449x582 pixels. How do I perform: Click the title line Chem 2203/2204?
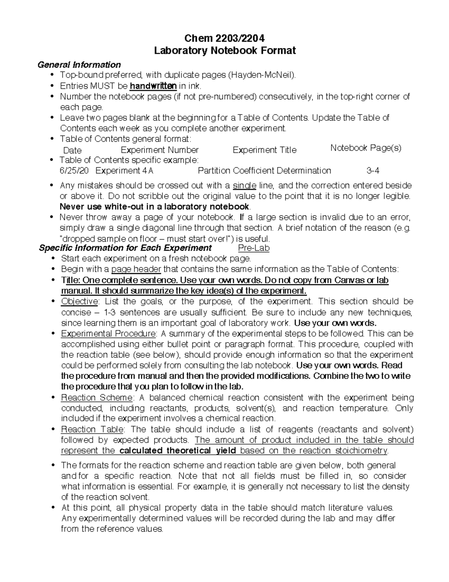pos(225,38)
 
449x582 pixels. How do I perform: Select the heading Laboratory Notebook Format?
pos(225,50)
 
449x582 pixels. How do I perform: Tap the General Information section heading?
pos(79,64)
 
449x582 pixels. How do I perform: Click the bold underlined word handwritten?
pos(153,86)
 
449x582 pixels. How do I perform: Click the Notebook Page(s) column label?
pos(366,148)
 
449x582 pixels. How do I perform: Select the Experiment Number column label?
pos(159,150)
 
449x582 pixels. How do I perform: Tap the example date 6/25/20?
pos(74,171)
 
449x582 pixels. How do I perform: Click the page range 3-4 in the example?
pos(373,171)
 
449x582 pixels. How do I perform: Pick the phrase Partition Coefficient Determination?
pos(264,171)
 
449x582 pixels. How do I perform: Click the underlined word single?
pos(244,186)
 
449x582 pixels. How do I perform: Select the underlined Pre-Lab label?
pos(254,248)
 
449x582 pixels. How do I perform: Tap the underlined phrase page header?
pos(136,269)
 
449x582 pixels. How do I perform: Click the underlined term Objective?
pos(79,301)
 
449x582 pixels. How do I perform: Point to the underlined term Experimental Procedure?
pos(108,334)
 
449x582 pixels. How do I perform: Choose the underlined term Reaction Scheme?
pos(97,398)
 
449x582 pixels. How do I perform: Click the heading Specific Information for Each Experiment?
pos(125,248)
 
